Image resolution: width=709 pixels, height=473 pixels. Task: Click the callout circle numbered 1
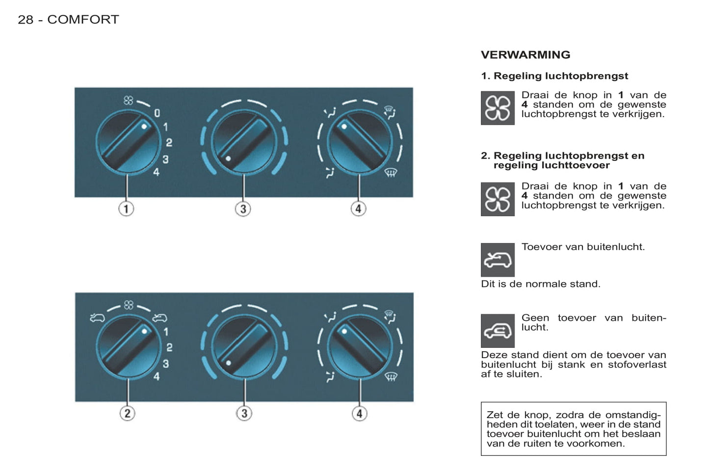(x=126, y=209)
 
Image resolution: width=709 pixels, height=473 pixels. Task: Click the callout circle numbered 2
(x=127, y=413)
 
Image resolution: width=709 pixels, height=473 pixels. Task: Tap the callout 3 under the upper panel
(x=243, y=209)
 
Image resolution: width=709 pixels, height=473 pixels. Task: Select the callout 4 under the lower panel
(x=359, y=413)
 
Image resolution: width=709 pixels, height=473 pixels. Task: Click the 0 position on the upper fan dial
(x=157, y=113)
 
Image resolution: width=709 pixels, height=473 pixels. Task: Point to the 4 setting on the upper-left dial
(x=156, y=172)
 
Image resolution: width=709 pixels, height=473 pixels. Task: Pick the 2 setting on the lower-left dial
(x=169, y=347)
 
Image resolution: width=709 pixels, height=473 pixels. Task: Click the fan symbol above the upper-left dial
(x=129, y=101)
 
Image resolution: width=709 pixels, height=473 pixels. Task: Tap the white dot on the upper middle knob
(x=228, y=158)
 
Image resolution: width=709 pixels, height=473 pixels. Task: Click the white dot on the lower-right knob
(x=344, y=331)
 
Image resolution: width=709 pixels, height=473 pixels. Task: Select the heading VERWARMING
(x=525, y=55)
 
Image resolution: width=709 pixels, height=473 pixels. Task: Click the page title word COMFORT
(x=83, y=20)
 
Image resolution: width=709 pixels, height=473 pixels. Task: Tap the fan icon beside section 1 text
(x=498, y=108)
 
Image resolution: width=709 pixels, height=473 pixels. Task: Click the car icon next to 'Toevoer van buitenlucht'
(x=498, y=260)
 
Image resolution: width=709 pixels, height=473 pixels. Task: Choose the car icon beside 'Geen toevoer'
(x=498, y=331)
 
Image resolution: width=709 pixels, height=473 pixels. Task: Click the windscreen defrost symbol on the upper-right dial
(x=391, y=172)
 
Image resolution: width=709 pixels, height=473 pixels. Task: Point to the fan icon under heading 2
(x=498, y=199)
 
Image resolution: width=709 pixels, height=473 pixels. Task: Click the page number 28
(x=26, y=20)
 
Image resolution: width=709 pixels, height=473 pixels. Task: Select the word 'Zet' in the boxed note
(x=495, y=415)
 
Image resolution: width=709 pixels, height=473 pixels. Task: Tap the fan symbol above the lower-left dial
(x=129, y=305)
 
